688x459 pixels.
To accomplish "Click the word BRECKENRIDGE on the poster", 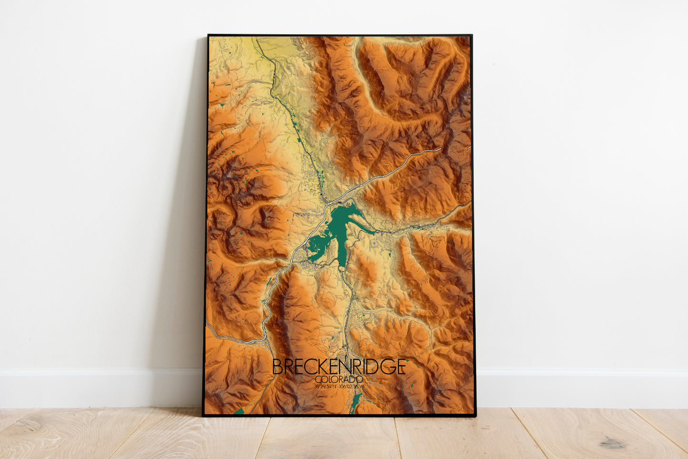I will pyautogui.click(x=339, y=366).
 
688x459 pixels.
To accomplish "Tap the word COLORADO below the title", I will pyautogui.click(x=339, y=380).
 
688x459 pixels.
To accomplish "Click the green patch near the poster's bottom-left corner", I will pyautogui.click(x=239, y=410).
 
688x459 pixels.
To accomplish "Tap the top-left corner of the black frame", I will pyautogui.click(x=209, y=35).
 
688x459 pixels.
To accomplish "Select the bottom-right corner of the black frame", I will pyautogui.click(x=475, y=415).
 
